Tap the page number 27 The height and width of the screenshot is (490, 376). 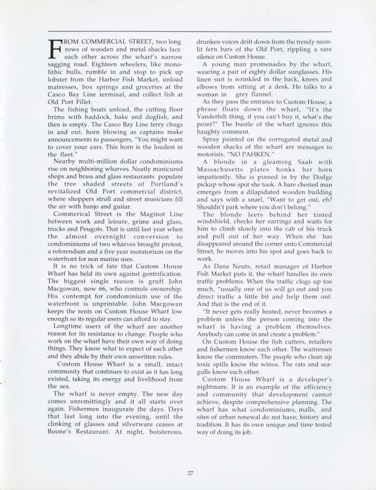[190, 471]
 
